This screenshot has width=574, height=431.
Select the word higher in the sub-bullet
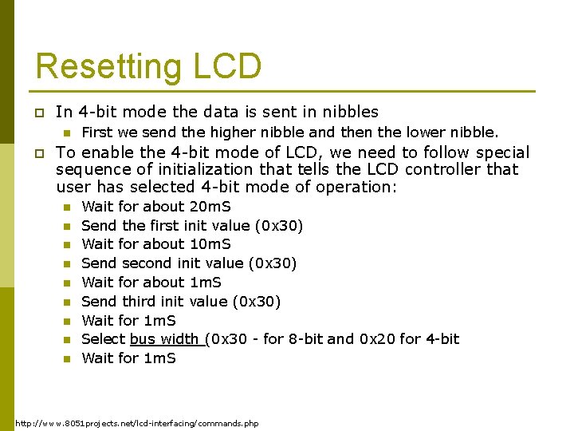(x=232, y=132)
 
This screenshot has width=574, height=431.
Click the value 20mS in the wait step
(x=210, y=206)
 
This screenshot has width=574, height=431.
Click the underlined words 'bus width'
(x=167, y=339)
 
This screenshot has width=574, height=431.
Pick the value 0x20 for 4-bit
(x=377, y=339)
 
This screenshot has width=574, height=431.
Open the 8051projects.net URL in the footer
(x=137, y=422)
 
